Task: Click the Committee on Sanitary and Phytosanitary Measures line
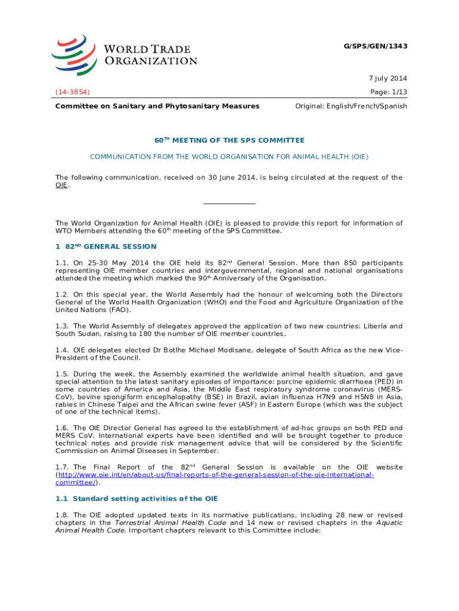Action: [x=157, y=106]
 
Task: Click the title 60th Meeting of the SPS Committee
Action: [x=229, y=140]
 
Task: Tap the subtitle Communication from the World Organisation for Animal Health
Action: [x=229, y=156]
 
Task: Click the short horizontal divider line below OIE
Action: [x=229, y=203]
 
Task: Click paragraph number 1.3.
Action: [x=62, y=326]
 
